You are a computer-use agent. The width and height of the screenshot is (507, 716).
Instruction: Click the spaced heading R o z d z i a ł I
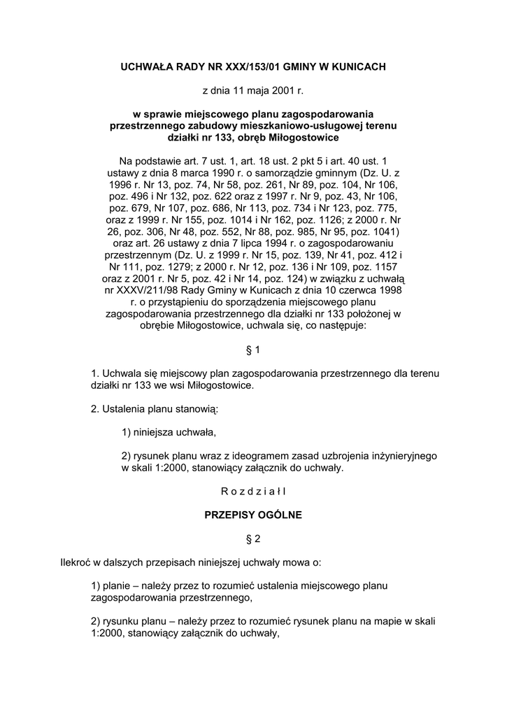pos(253,491)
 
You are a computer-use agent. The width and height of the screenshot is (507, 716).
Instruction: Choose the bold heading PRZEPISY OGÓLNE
pos(253,515)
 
